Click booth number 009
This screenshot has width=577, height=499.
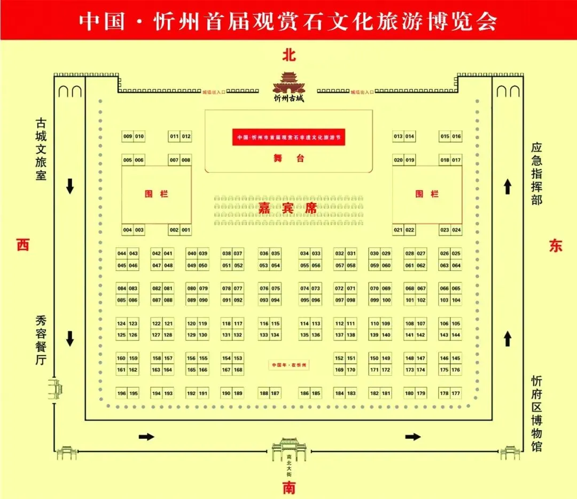point(128,137)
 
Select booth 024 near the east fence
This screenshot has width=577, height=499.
point(456,230)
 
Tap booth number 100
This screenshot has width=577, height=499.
point(386,300)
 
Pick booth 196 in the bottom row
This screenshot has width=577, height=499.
point(122,394)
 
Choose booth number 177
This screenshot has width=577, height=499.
point(456,394)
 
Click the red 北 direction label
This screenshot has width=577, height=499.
point(288,55)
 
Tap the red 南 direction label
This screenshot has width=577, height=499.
point(288,487)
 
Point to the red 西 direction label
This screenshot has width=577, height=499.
point(22,245)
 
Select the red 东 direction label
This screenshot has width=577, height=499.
point(556,245)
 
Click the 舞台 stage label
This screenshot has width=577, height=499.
point(288,158)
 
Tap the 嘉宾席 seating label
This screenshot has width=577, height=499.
point(288,208)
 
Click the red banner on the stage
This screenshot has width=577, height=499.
point(288,137)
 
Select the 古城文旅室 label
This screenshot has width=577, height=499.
point(41,148)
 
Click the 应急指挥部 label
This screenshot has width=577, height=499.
point(536,173)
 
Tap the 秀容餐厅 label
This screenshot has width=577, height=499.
point(41,340)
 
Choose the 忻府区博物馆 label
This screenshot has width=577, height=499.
point(536,414)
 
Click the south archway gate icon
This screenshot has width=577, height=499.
point(288,450)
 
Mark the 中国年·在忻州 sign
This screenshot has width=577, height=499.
point(288,365)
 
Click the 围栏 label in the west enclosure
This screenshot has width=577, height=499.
point(157,194)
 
